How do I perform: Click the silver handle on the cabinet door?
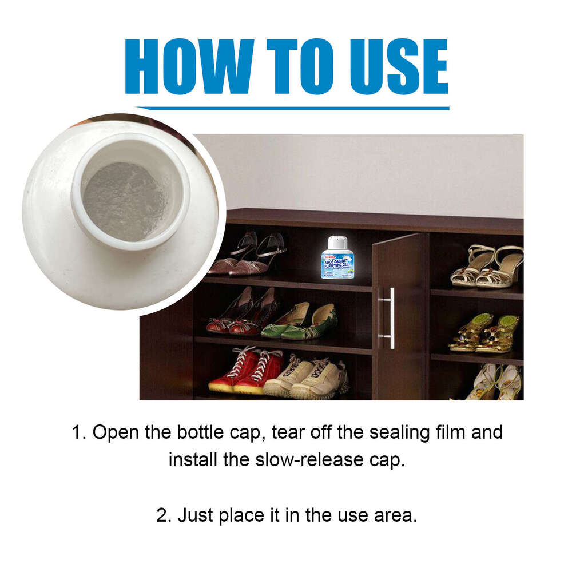click(x=390, y=318)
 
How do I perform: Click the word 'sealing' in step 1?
click(x=381, y=432)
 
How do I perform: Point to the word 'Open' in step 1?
click(x=114, y=432)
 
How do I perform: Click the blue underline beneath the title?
click(x=292, y=108)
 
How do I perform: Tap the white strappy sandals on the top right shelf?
click(x=486, y=266)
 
